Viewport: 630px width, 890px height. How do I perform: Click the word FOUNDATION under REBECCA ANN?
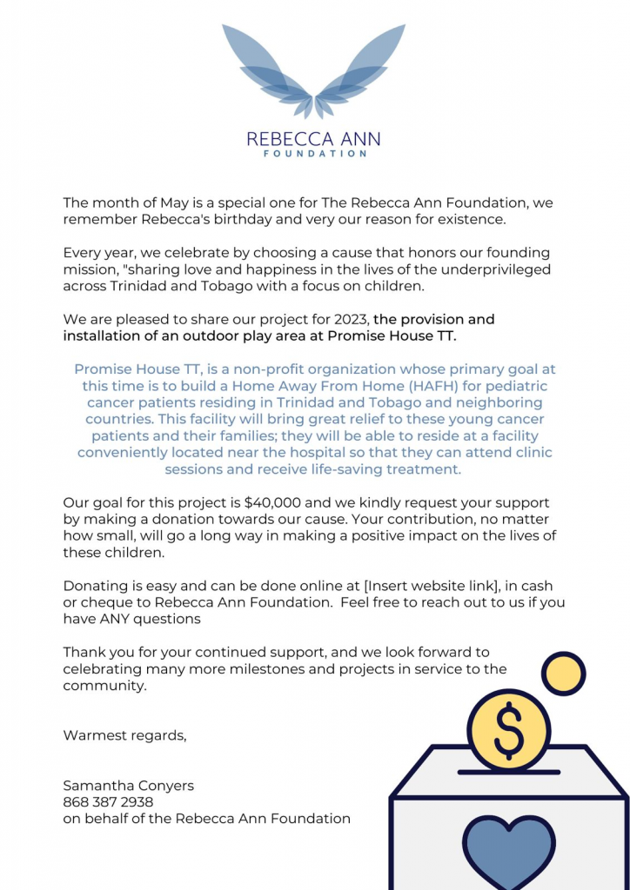point(313,154)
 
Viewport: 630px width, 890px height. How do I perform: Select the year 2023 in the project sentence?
point(351,319)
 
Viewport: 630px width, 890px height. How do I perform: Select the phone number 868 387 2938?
point(108,801)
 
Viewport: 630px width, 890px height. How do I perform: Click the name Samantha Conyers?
point(128,785)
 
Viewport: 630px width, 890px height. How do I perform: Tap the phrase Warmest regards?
point(124,735)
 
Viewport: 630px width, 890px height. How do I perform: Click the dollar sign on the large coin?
point(508,731)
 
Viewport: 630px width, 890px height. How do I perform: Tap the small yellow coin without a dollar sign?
point(563,674)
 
